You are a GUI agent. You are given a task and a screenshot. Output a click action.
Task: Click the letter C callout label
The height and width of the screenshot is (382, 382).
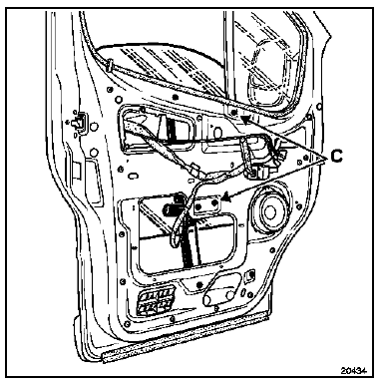pos(336,156)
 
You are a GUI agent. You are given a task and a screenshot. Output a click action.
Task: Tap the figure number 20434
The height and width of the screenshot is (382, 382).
pos(353,370)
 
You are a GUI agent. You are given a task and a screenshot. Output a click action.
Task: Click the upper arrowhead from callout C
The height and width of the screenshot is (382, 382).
pos(245,120)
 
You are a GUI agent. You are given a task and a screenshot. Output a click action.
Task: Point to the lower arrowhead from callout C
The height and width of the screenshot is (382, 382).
pos(226,197)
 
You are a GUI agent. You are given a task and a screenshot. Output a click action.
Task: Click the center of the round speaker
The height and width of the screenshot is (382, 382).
pos(269,211)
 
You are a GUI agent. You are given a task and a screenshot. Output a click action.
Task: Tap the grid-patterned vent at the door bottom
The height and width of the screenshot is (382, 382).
pos(157,301)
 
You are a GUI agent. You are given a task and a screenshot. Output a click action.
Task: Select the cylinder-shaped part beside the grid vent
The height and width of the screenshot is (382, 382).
pos(218,296)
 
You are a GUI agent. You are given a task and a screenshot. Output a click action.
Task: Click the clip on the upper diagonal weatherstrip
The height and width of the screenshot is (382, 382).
pos(110,65)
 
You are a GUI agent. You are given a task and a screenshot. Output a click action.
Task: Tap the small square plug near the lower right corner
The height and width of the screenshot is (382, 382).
pos(250,275)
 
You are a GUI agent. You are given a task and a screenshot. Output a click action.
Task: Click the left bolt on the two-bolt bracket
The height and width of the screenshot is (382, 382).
pos(198,207)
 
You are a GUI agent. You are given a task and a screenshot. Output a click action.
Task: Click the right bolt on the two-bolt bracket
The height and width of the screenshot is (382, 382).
pos(214,201)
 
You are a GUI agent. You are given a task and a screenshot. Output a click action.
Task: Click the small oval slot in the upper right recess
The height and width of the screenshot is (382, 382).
pos(217,133)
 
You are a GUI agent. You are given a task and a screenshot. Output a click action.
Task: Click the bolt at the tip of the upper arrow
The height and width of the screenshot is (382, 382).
pos(234,112)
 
